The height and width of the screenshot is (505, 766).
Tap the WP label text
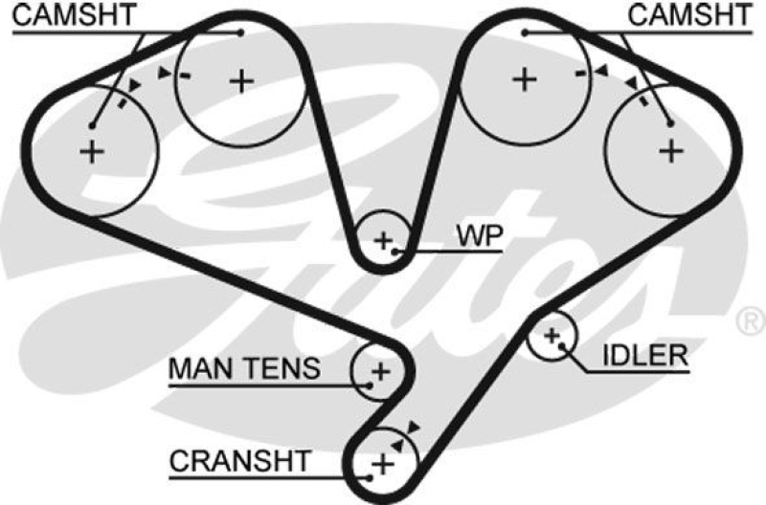click(479, 234)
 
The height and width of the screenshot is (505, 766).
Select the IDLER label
click(644, 356)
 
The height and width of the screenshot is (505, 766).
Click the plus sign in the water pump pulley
click(384, 239)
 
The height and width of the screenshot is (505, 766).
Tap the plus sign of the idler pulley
click(552, 336)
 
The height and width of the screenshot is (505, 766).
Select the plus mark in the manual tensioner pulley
click(380, 370)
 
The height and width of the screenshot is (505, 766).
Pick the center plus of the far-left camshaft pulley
click(93, 150)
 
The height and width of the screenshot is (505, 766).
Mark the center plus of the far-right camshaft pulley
click(671, 150)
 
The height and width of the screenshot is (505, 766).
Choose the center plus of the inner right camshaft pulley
click(523, 79)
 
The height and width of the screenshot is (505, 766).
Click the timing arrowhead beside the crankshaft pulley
click(414, 427)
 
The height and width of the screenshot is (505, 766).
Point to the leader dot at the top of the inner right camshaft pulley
click(525, 32)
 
